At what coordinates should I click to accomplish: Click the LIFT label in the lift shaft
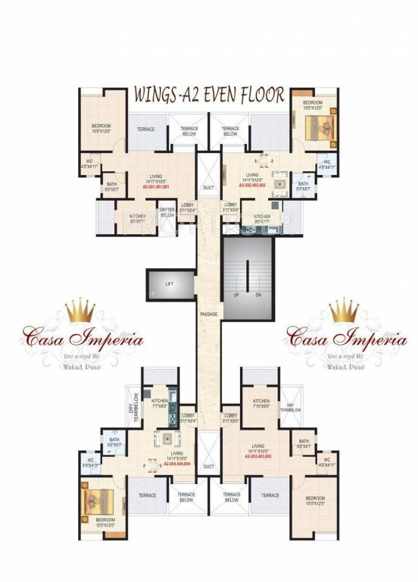point(170,284)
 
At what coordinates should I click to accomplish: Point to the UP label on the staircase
point(236,293)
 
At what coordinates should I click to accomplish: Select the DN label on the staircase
point(257,293)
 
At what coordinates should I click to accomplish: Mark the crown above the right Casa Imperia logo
point(345,310)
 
